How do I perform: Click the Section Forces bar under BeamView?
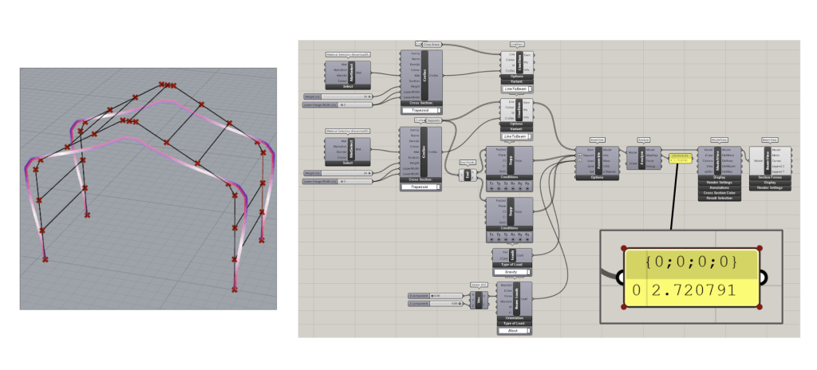[x=770, y=178]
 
